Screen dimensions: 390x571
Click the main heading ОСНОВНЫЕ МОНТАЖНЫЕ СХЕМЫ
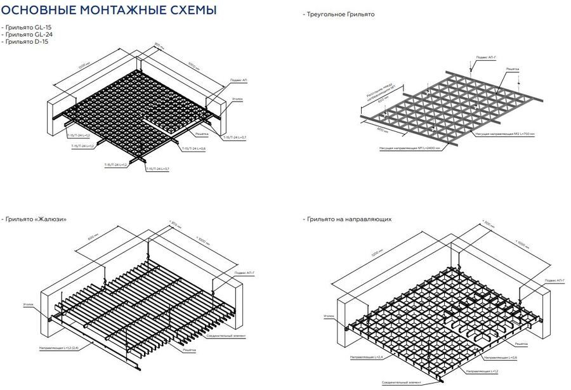(109, 10)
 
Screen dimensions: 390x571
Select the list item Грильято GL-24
(27, 34)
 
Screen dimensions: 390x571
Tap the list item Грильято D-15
(25, 41)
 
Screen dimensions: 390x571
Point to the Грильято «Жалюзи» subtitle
(36, 219)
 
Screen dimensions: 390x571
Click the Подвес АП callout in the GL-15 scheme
(236, 81)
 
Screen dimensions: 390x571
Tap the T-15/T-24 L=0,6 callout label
(194, 148)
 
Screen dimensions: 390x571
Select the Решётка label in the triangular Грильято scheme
(513, 68)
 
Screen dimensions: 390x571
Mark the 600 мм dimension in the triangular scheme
(382, 130)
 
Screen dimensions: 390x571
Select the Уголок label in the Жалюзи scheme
(28, 304)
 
